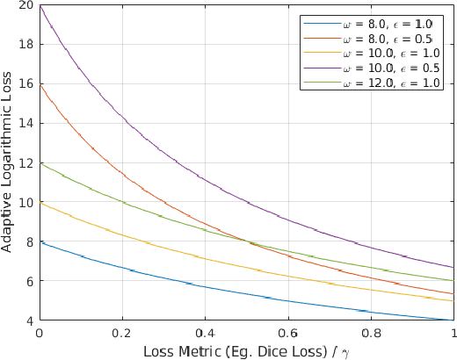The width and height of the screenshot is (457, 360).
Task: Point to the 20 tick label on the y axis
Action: point(25,5)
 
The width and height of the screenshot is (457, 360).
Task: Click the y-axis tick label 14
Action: point(25,123)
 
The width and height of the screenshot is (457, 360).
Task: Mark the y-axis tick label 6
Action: point(29,281)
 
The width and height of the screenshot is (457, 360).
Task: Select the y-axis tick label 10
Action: point(25,202)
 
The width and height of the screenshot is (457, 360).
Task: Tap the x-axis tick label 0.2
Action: point(122,334)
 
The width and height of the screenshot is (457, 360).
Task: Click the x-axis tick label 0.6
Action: point(288,334)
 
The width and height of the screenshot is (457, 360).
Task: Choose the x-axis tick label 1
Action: point(453,334)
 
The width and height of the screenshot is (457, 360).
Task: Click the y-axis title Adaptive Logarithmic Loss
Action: point(8,163)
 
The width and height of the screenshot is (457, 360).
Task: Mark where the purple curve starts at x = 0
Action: point(40,5)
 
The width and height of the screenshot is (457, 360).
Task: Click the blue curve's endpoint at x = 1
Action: point(453,320)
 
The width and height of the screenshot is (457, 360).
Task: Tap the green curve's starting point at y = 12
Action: point(40,162)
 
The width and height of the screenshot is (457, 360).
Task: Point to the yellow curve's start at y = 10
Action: point(40,202)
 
